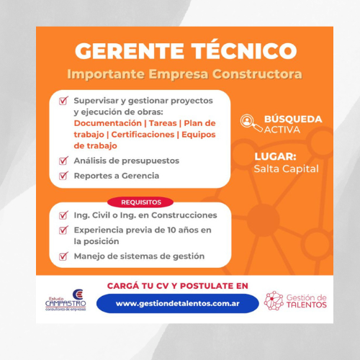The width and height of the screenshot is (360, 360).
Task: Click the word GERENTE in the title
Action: tap(130, 51)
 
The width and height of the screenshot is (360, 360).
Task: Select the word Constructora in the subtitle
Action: tap(257, 74)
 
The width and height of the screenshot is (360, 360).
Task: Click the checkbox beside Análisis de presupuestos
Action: tap(63, 161)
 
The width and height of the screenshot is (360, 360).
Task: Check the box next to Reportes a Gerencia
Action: tap(63, 176)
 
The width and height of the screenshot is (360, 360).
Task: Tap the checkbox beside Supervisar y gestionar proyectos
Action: tap(63, 100)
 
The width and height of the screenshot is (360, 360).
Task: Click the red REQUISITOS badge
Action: tap(140, 202)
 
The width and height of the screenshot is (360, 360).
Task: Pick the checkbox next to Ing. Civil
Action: tap(63, 215)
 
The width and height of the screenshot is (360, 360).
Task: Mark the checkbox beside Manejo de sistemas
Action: tap(63, 256)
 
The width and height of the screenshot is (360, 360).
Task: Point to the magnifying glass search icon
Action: tap(251, 123)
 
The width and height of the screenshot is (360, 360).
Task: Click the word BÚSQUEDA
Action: tap(293, 119)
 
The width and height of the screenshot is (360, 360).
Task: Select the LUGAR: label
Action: tap(275, 156)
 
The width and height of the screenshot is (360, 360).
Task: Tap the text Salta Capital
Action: tap(287, 168)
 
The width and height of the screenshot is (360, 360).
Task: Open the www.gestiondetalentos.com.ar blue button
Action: tap(178, 303)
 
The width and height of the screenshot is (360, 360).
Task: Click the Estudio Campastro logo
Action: tap(66, 300)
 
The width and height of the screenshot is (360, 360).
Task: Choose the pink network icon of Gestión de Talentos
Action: tap(274, 300)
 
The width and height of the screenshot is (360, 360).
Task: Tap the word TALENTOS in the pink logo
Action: tap(307, 305)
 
